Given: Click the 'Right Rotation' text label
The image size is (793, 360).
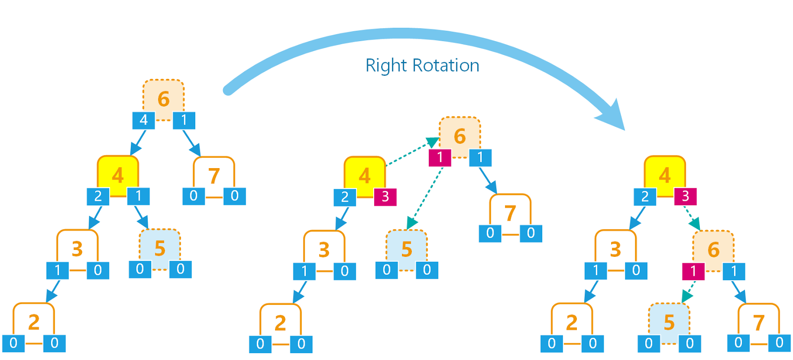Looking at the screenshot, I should pos(422,65).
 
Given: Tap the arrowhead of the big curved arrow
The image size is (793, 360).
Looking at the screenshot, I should pos(612,117).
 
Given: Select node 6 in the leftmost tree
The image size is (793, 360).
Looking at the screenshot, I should pos(164,98).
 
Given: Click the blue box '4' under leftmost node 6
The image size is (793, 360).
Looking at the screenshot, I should pos(143,120).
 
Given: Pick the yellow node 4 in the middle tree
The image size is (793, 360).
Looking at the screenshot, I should pos(365,176).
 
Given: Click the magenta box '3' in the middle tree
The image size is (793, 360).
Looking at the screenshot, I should pos(385,197).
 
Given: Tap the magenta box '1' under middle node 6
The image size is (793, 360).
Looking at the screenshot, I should pos(440,158).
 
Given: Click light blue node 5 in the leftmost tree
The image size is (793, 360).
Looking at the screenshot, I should pos(160,248).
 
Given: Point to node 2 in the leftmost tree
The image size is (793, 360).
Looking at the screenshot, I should pos(33,322).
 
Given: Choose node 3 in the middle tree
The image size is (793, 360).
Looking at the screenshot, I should pos(324,249).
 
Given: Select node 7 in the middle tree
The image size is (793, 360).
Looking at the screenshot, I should pos(510,213).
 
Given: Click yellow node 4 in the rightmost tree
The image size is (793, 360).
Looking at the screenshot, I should pos(665,175).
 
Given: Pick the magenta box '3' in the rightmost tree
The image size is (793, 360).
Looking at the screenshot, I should pos(685,196).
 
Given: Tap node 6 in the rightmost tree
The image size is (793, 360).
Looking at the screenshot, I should pos(713,249).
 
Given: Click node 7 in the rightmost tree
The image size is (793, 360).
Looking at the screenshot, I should pos(758,322).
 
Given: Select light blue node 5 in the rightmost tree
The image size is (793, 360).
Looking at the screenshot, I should pos(669,322).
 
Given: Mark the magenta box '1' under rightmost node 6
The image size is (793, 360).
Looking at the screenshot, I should pos(693,271).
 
